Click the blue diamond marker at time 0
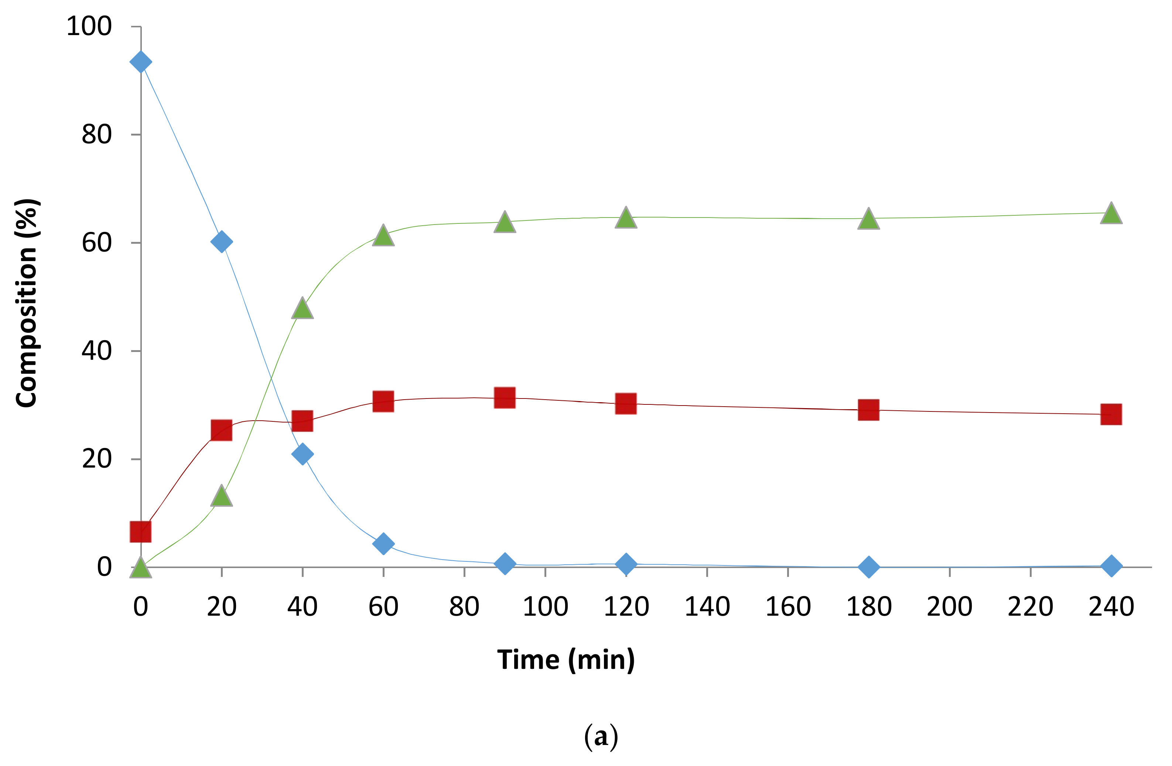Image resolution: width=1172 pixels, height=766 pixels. (x=140, y=62)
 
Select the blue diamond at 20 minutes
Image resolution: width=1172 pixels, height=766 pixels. (x=222, y=241)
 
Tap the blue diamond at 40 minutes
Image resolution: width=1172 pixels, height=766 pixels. (x=303, y=454)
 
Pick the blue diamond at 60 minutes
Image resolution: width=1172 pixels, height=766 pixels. (x=383, y=544)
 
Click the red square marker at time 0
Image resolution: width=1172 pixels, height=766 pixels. (x=140, y=532)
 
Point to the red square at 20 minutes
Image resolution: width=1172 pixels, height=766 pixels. (x=222, y=430)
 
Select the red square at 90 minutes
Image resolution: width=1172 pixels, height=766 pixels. (x=505, y=398)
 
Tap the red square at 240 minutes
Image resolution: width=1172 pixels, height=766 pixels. (x=1111, y=414)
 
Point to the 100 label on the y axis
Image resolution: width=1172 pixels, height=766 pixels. (x=89, y=26)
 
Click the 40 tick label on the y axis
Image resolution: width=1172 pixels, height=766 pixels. (x=96, y=351)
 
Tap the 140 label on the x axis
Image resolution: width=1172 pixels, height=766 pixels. (x=707, y=606)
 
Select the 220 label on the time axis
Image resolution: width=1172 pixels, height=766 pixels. (x=1030, y=606)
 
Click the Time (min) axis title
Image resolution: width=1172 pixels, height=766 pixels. (x=566, y=660)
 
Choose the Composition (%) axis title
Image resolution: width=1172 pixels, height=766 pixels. (x=27, y=303)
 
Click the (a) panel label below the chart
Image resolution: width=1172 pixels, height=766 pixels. (x=601, y=737)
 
